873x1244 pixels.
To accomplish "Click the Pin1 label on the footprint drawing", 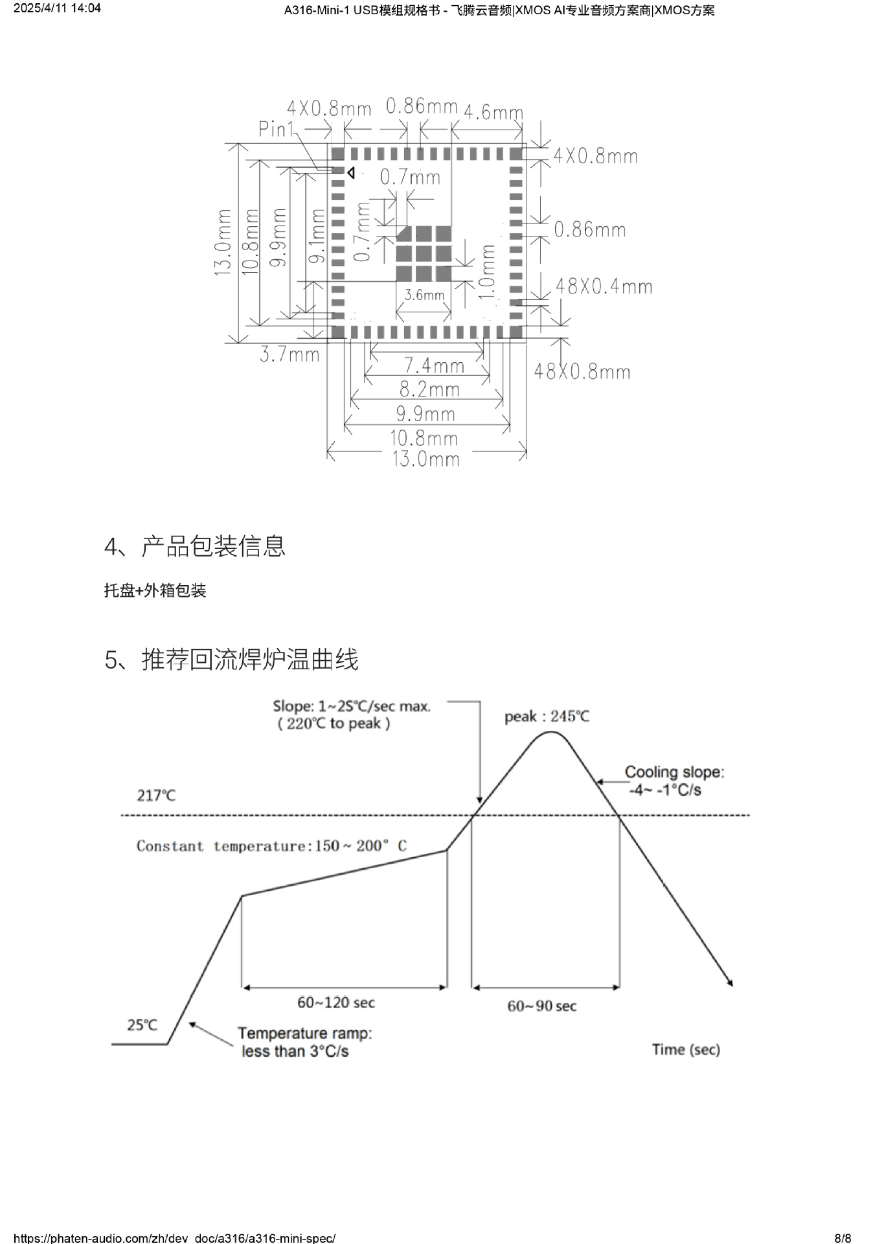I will click(x=276, y=129).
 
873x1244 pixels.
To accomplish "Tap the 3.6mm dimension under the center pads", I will click(x=424, y=295).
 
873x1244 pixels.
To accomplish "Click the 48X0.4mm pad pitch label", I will click(x=604, y=286).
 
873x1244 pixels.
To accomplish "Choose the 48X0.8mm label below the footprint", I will click(x=582, y=372).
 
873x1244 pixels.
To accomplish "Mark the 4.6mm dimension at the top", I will click(x=493, y=112).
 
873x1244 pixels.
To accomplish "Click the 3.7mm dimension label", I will click(x=289, y=354).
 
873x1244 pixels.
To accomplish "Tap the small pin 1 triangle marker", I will click(x=350, y=172).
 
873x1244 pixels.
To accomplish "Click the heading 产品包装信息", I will click(x=213, y=546).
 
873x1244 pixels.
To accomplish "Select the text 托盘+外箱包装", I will click(x=155, y=590).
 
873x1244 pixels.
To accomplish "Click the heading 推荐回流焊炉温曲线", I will click(x=249, y=660).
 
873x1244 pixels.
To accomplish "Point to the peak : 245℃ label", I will click(x=547, y=717).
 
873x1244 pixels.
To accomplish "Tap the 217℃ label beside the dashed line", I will click(x=156, y=795).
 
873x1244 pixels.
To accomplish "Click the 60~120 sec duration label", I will click(x=335, y=1002).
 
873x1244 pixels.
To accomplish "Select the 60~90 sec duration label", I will click(x=541, y=1006).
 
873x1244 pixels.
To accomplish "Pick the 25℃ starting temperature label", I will click(x=142, y=1025).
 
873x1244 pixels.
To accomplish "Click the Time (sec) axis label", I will click(x=685, y=1050).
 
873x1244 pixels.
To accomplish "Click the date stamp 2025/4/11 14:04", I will click(x=58, y=8).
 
